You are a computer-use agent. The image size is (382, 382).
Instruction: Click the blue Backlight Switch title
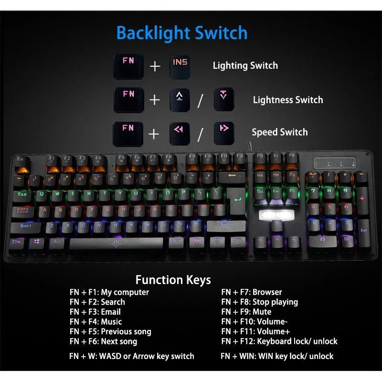182,33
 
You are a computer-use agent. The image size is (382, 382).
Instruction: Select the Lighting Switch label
245,65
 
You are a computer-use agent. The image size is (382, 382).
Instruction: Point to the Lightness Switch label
287,100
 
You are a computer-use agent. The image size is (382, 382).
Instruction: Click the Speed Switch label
279,132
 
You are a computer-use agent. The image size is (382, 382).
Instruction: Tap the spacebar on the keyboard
117,244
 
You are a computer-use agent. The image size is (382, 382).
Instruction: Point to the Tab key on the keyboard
22,194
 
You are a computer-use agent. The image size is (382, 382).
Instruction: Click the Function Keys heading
173,280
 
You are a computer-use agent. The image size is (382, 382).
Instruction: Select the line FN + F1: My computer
109,292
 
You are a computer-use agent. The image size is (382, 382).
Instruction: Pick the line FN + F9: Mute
246,312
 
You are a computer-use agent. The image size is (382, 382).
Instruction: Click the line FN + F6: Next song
103,341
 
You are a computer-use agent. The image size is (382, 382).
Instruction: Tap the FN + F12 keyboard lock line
279,341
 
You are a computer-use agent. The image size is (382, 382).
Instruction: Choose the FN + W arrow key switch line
132,356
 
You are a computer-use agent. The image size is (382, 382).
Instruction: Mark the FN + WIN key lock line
277,356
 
